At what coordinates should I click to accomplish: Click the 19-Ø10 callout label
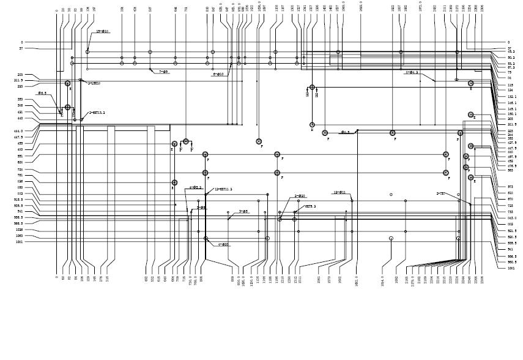click(103, 31)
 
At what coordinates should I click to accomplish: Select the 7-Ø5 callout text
click(163, 72)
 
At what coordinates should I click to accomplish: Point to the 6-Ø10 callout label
click(218, 74)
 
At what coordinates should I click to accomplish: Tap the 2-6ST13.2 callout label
click(97, 113)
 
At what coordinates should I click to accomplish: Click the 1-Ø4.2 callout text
click(412, 72)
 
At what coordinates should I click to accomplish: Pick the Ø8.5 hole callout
click(42, 93)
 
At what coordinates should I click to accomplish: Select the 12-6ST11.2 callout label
click(223, 189)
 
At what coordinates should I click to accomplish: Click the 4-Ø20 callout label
click(223, 244)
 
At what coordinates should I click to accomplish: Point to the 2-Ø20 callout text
click(299, 197)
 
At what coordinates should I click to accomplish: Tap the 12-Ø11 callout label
click(339, 192)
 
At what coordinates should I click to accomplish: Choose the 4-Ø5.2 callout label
click(195, 187)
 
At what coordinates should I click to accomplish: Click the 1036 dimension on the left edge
click(20, 230)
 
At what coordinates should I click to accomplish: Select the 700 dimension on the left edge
click(20, 170)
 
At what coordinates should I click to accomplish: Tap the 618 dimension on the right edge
click(510, 193)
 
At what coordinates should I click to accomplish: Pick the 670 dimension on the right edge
click(510, 199)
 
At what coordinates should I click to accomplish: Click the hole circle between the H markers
click(312, 88)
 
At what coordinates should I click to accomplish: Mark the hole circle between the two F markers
click(186, 141)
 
